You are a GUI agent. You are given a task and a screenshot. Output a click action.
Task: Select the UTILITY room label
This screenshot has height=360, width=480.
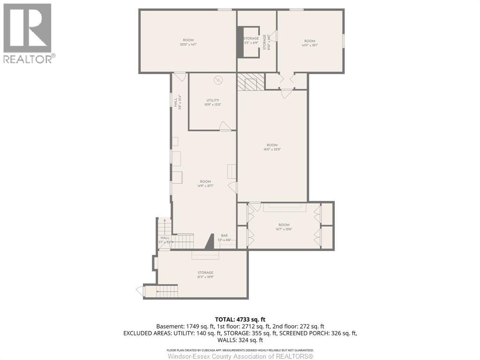213,102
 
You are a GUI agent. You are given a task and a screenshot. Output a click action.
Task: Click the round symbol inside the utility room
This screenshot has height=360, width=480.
217,80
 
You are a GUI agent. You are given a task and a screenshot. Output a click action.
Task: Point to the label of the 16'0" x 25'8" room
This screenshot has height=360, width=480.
272,147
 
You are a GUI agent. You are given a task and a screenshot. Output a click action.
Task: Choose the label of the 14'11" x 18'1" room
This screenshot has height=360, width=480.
310,43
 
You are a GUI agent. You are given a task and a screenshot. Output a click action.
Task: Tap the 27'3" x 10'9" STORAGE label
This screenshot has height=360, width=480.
205,274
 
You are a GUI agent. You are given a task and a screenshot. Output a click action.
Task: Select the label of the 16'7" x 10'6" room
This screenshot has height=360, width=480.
284,227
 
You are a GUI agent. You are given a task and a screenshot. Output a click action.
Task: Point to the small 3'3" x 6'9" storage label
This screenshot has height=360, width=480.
251,41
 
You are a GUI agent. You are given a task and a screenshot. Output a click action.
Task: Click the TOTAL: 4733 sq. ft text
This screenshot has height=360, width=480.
240,319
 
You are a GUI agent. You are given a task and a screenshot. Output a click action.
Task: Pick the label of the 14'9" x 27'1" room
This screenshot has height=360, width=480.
205,183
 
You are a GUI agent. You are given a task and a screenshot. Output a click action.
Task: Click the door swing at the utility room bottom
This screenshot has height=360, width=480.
225,126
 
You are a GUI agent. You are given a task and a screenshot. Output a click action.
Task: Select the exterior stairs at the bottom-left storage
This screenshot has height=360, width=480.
162,292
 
